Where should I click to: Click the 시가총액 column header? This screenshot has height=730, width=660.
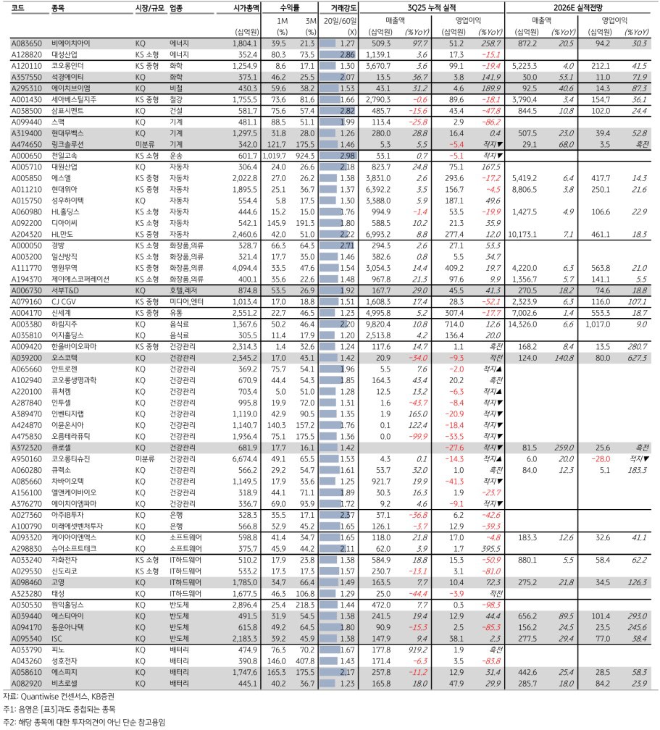245,7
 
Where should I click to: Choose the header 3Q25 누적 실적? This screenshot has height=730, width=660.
434,7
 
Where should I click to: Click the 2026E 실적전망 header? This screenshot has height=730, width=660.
581,7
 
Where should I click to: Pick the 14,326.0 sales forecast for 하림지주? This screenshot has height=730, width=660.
532,326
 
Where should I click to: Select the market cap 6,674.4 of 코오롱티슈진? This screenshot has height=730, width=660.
245,458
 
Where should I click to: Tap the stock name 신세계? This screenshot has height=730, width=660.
63,311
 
